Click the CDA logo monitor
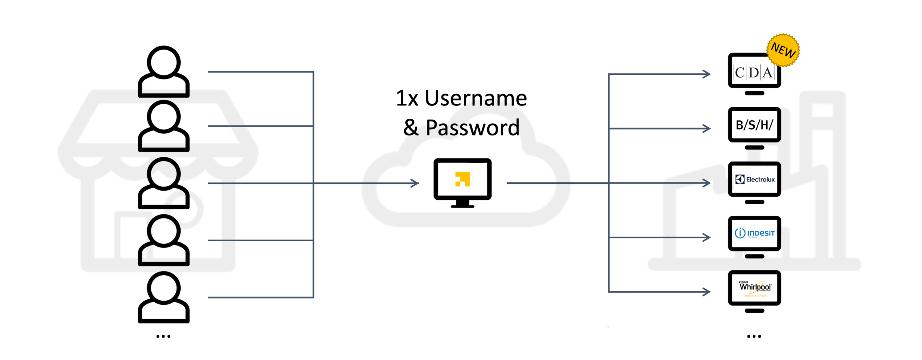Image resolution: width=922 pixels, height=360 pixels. pos(754,71)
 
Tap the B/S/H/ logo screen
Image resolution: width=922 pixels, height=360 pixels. pos(754,125)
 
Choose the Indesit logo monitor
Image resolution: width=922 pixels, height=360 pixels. pos(755,233)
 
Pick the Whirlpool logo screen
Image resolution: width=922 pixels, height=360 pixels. pos(755,288)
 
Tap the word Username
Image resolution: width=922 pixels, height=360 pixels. pos(476,98)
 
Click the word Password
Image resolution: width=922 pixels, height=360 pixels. pos(472,128)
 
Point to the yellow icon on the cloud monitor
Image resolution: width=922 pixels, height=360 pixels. pos(462,179)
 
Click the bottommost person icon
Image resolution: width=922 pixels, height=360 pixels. pos(164,297)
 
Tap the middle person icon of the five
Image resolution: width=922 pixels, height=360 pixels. pos(164,183)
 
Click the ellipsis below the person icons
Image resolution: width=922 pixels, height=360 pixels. pos(163,336)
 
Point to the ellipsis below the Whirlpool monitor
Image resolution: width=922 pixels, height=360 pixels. pos(754,336)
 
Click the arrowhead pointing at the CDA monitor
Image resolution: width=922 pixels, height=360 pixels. pos(706,74)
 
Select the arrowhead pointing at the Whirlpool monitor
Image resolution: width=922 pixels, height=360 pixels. pos(706,292)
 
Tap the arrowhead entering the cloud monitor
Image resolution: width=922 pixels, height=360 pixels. pos(415,183)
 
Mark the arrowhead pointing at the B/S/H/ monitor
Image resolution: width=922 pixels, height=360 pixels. pos(706,128)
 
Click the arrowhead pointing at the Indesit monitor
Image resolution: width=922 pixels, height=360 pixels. pos(706,238)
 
